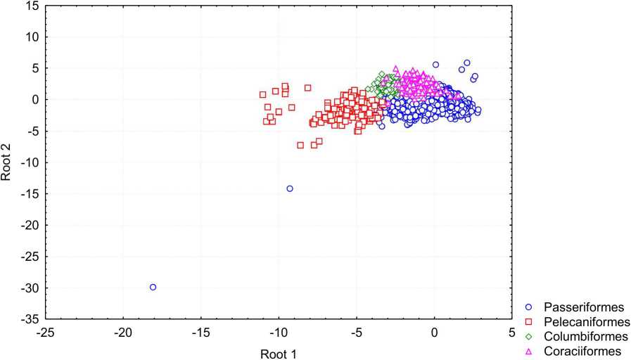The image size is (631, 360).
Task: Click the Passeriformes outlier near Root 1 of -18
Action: coord(153,287)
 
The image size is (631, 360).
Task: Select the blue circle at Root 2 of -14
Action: coord(290,188)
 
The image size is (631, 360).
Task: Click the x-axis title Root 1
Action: coord(278,354)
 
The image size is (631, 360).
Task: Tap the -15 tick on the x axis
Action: coord(200,332)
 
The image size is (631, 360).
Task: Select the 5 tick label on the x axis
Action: coord(512,332)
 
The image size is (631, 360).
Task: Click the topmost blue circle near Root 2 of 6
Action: coord(466,63)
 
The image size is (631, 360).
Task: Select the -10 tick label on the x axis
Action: coord(279,332)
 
